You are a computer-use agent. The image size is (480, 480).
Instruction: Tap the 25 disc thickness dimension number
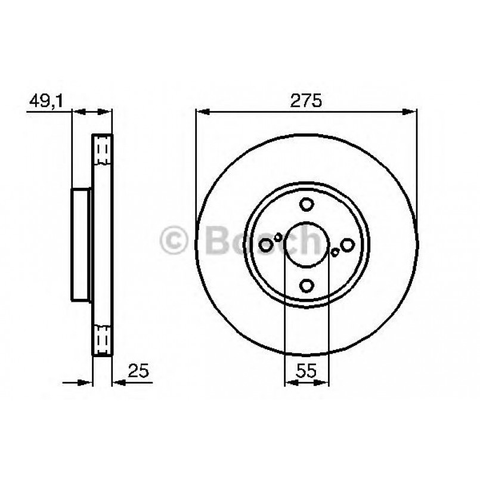click(x=138, y=371)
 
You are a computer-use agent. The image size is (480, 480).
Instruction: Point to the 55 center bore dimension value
click(x=306, y=371)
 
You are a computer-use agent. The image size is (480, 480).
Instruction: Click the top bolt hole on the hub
click(x=306, y=205)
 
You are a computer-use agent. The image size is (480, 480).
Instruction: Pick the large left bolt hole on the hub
click(x=266, y=244)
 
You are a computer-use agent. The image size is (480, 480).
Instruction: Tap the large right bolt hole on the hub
click(x=347, y=244)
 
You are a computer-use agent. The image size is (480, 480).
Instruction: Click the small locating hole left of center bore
click(x=278, y=237)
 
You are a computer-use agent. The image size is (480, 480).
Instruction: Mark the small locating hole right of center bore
click(x=335, y=252)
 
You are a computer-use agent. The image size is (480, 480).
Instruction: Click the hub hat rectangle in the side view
click(x=80, y=244)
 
